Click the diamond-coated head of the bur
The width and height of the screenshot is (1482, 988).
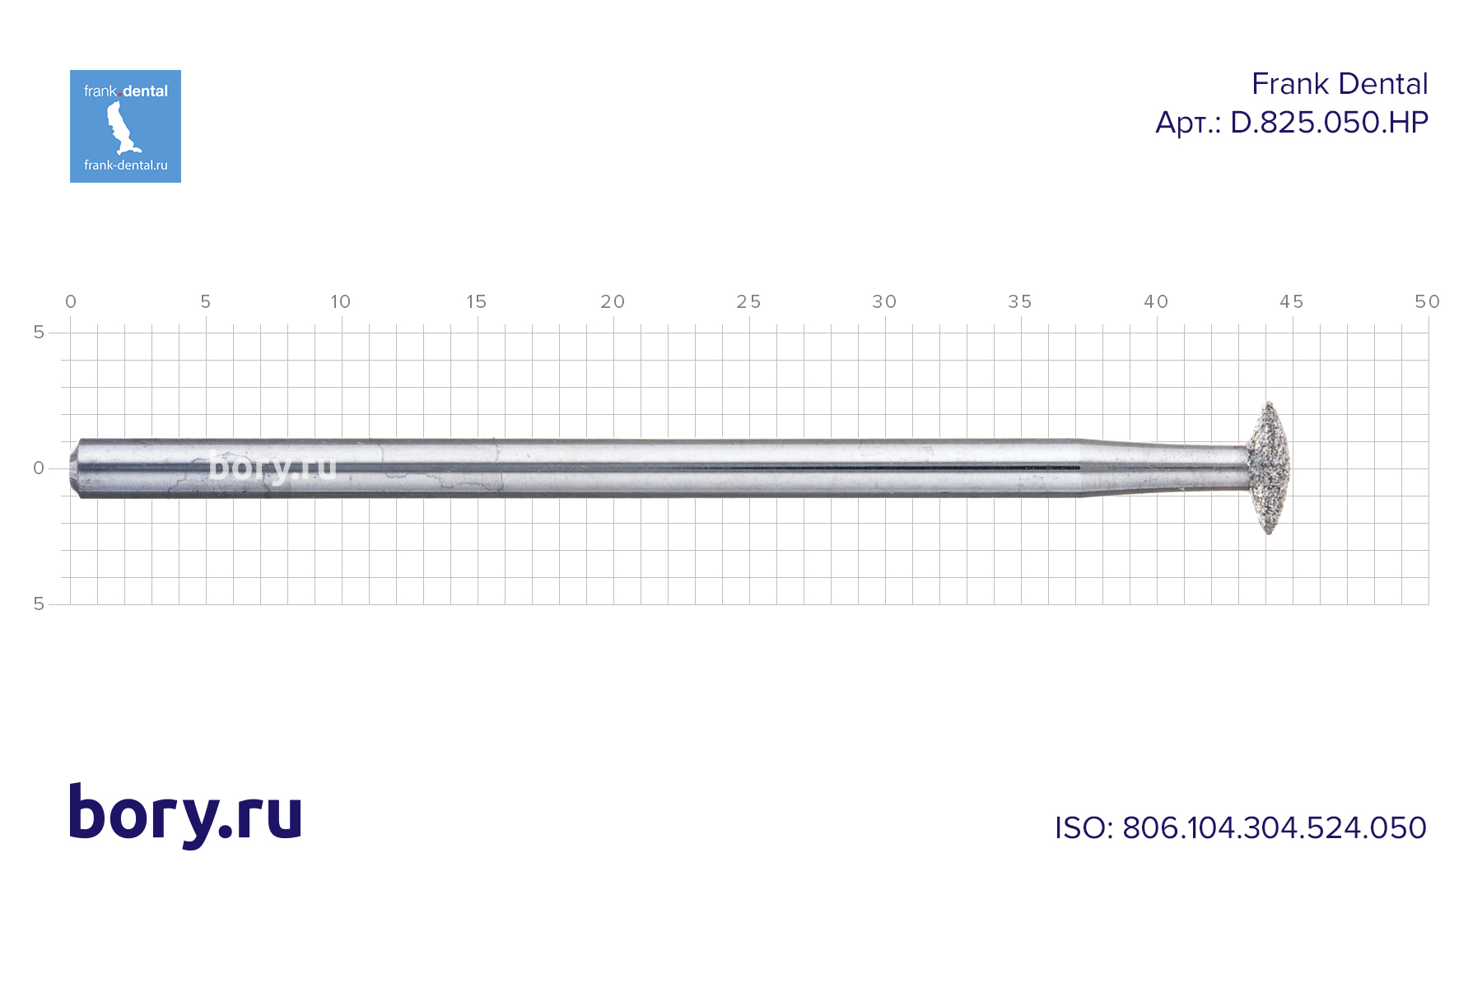point(1268,468)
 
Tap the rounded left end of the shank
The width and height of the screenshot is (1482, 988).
point(75,468)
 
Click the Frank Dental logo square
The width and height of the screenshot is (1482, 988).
point(125,126)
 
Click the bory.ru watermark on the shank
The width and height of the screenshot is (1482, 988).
point(273,467)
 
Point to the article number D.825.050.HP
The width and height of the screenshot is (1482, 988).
point(1329,123)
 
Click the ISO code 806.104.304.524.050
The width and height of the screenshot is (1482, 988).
point(1275,827)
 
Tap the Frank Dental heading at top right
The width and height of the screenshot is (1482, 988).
point(1340,84)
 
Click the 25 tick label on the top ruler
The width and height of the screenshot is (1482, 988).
point(748,302)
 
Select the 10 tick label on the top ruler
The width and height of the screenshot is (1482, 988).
point(341,302)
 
